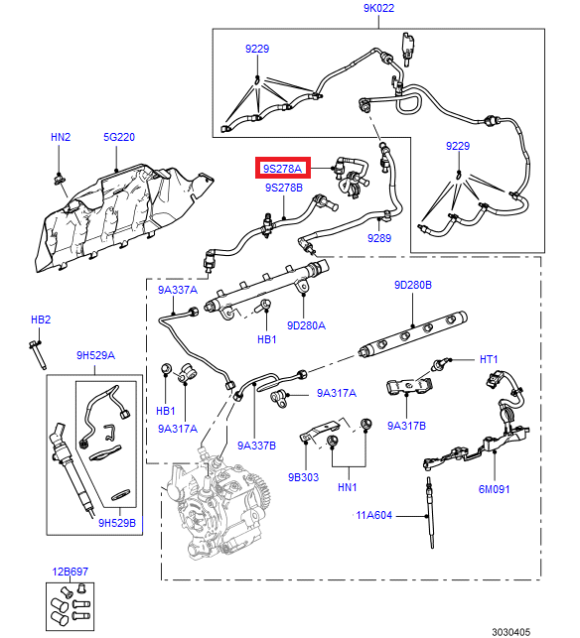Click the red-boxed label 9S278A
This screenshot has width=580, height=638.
[x=283, y=168]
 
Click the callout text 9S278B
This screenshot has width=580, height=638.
[x=283, y=188]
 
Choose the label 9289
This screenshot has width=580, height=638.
[x=380, y=238]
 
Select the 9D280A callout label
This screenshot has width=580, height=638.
[x=306, y=324]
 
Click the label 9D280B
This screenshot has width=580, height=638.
[x=412, y=285]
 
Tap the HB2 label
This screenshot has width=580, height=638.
[x=40, y=319]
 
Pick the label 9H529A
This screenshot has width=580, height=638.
[x=95, y=355]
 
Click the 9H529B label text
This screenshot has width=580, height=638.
[x=116, y=523]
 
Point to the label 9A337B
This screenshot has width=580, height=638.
[x=257, y=446]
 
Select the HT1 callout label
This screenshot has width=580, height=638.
[x=489, y=358]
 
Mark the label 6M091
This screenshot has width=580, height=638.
[x=493, y=489]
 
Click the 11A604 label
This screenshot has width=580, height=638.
[x=375, y=515]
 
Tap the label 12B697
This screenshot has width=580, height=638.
[x=71, y=573]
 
